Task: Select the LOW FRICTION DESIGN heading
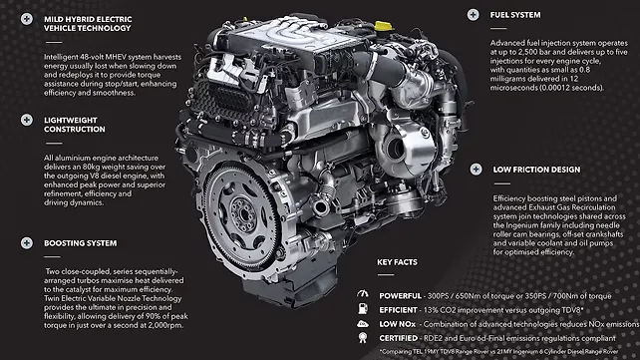pyautogui.click(x=536, y=170)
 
